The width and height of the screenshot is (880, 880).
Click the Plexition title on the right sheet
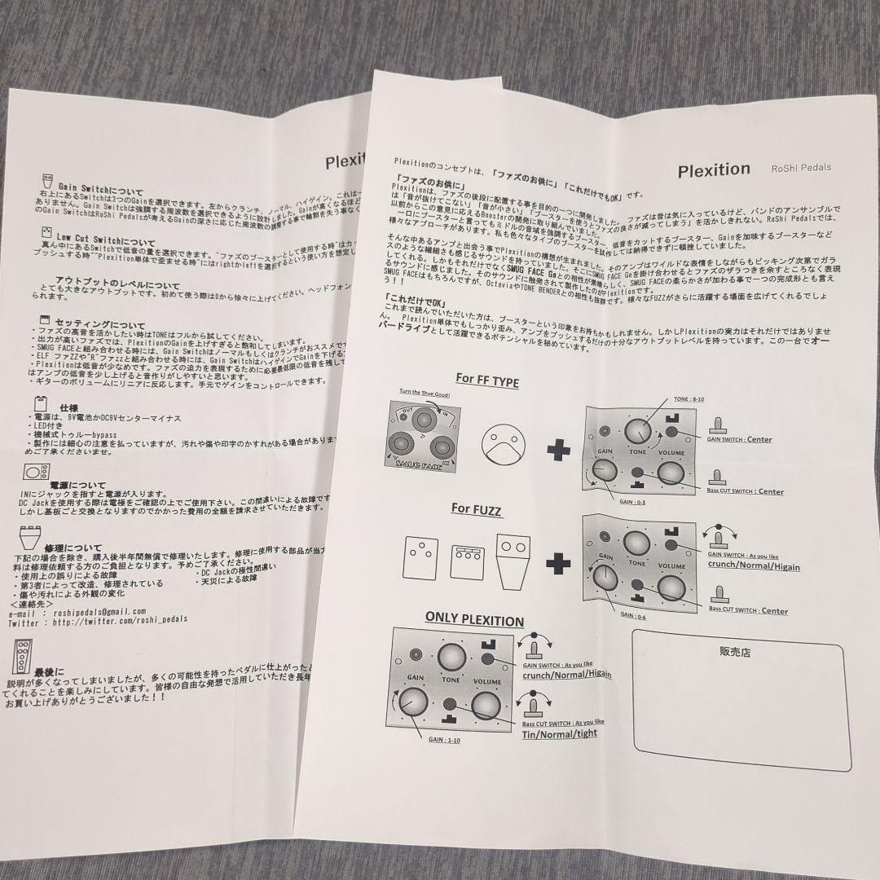(714, 169)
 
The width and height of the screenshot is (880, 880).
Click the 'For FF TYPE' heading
(486, 380)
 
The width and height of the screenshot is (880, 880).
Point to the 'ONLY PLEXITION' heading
(475, 620)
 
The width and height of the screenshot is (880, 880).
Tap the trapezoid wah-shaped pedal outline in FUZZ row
(513, 561)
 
